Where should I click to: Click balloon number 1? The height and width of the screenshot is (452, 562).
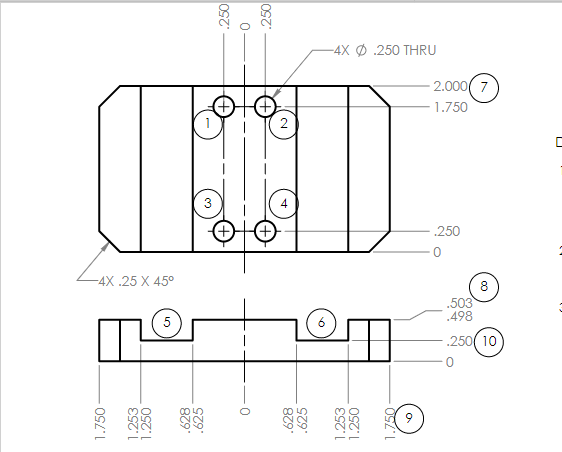[207, 124]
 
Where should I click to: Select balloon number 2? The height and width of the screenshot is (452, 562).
[284, 124]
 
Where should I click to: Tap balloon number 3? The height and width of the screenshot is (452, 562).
[207, 203]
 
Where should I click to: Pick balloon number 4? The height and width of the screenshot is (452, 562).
[284, 203]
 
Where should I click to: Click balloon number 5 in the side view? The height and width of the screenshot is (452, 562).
[167, 323]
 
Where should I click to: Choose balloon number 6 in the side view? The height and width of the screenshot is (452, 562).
[321, 323]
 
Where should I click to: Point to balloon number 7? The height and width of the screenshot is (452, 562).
[484, 87]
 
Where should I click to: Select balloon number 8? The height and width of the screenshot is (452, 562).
[484, 287]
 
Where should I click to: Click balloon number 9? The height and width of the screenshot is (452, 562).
[409, 419]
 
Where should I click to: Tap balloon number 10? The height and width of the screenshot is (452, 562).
[489, 342]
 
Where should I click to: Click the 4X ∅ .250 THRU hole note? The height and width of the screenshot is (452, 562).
[385, 49]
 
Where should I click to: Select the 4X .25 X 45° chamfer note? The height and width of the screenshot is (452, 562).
[137, 281]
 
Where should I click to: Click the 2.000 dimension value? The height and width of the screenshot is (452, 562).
[451, 87]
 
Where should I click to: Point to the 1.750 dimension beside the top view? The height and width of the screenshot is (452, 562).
[451, 107]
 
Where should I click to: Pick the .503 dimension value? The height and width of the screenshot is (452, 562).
[460, 303]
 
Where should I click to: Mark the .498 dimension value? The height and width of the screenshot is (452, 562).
[460, 317]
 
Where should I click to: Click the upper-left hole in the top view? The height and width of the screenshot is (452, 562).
[223, 106]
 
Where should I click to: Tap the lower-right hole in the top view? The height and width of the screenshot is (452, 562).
[265, 231]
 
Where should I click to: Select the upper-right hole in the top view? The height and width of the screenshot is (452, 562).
[265, 106]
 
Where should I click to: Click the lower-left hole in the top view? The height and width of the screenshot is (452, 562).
[223, 231]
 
